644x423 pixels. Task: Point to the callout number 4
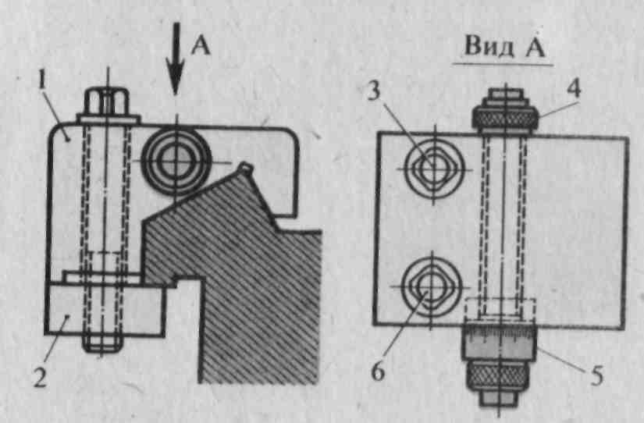click(x=574, y=87)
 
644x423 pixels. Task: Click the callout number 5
click(x=596, y=376)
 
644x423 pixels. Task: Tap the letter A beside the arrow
click(x=200, y=48)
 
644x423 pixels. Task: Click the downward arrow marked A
click(x=176, y=59)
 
